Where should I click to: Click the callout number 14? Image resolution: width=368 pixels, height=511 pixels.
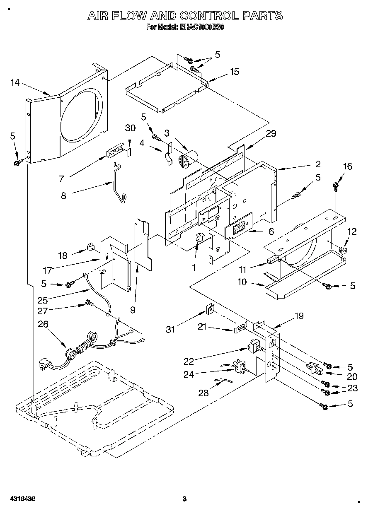15,82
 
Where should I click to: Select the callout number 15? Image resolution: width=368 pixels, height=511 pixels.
235,72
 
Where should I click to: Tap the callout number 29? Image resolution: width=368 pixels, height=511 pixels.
271,133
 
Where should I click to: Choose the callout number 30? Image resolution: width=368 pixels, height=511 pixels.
130,128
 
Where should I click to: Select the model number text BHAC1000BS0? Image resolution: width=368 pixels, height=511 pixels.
201,29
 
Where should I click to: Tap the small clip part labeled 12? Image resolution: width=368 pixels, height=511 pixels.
342,250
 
